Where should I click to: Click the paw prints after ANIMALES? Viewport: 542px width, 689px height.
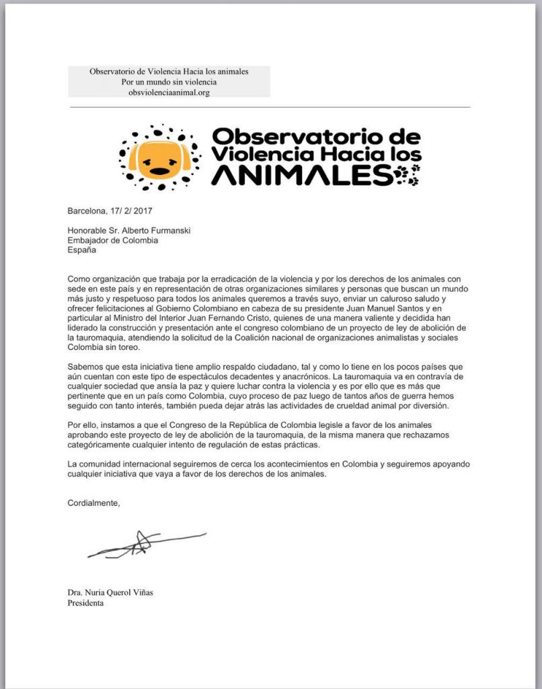(408, 177)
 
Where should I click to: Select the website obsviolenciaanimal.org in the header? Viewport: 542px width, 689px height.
(169, 92)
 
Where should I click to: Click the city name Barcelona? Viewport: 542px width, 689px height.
(88, 211)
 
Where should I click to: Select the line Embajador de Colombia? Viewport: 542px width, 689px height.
(113, 241)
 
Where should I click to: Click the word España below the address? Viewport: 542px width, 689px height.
(82, 251)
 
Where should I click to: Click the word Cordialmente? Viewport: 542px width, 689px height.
(94, 503)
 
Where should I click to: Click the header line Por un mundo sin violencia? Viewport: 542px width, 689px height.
(169, 81)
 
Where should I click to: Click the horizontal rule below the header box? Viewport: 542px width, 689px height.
(269, 106)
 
